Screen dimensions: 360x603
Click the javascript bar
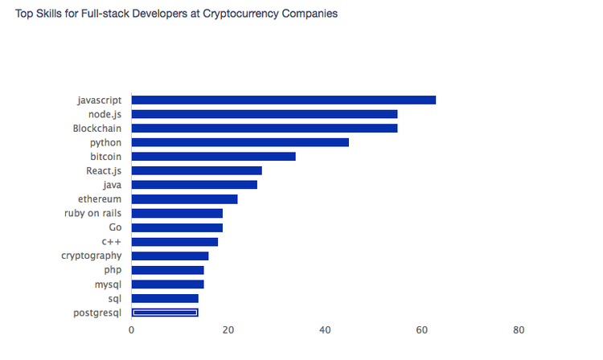[x=283, y=100]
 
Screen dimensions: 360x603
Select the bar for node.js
[x=264, y=114]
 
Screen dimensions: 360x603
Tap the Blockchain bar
[x=264, y=128]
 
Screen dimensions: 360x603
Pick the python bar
[x=240, y=142]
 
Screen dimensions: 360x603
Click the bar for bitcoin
[x=213, y=156]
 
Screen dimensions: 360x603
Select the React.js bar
[x=196, y=170]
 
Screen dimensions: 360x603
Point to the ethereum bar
[x=184, y=198]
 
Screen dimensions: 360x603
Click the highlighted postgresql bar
[x=165, y=313]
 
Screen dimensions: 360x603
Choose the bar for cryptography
[x=170, y=256]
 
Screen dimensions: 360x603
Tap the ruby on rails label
[x=92, y=213]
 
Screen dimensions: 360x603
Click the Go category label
[x=115, y=227]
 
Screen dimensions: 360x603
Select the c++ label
[x=111, y=241]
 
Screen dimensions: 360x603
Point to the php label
[x=113, y=270]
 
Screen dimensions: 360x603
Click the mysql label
[x=108, y=284]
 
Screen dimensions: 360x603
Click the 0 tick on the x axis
[x=132, y=329]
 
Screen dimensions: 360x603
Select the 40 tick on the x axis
[x=326, y=329]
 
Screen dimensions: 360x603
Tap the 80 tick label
[x=519, y=329]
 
